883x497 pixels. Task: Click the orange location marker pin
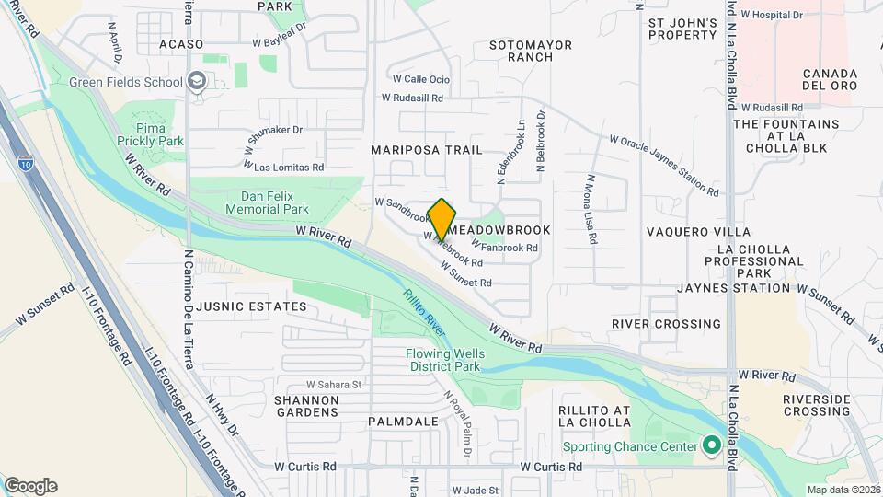(x=441, y=219)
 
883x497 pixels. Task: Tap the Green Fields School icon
(x=196, y=82)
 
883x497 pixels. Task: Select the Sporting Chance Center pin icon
(x=711, y=447)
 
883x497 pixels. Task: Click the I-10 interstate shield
(x=26, y=164)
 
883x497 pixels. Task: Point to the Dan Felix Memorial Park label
(x=274, y=202)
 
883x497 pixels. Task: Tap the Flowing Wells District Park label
(x=443, y=360)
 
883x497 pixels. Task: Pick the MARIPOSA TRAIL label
(x=426, y=149)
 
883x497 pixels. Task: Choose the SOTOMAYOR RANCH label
(x=531, y=51)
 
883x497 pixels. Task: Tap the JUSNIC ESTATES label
(x=238, y=306)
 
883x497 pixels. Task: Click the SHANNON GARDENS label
(x=306, y=406)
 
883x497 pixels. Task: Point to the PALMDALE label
(x=403, y=421)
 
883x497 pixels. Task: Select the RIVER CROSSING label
(x=666, y=324)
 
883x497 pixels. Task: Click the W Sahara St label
(x=335, y=384)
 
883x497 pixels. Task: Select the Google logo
(x=30, y=485)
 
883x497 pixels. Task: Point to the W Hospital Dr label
(x=772, y=15)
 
